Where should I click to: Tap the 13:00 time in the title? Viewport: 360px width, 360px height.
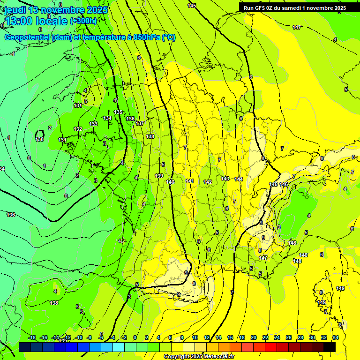[18, 21]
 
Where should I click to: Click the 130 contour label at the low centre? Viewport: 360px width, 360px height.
[40, 139]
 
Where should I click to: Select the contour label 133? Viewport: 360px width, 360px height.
[94, 124]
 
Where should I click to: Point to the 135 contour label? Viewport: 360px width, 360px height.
[118, 112]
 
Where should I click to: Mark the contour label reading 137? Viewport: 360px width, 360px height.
[140, 123]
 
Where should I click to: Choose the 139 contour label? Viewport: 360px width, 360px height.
[159, 176]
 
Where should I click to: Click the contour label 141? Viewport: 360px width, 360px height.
[190, 181]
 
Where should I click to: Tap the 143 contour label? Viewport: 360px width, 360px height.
[225, 179]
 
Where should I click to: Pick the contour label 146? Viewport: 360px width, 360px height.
[284, 184]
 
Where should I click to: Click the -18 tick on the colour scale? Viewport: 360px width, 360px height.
[32, 337]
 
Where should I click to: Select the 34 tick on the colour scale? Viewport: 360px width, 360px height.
[335, 337]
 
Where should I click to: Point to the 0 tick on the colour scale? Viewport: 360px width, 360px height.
[135, 337]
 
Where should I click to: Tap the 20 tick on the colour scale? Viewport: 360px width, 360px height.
[254, 337]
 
